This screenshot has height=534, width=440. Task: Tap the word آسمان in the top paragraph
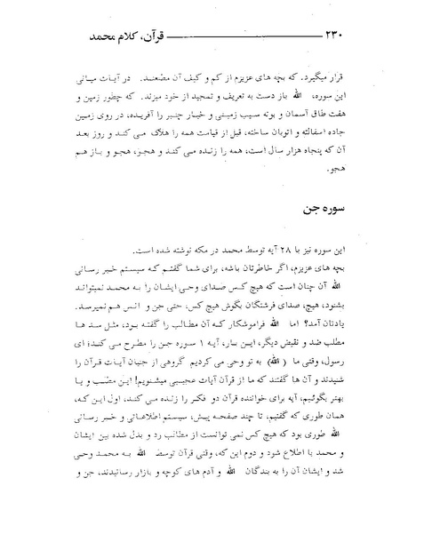pos(302,126)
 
